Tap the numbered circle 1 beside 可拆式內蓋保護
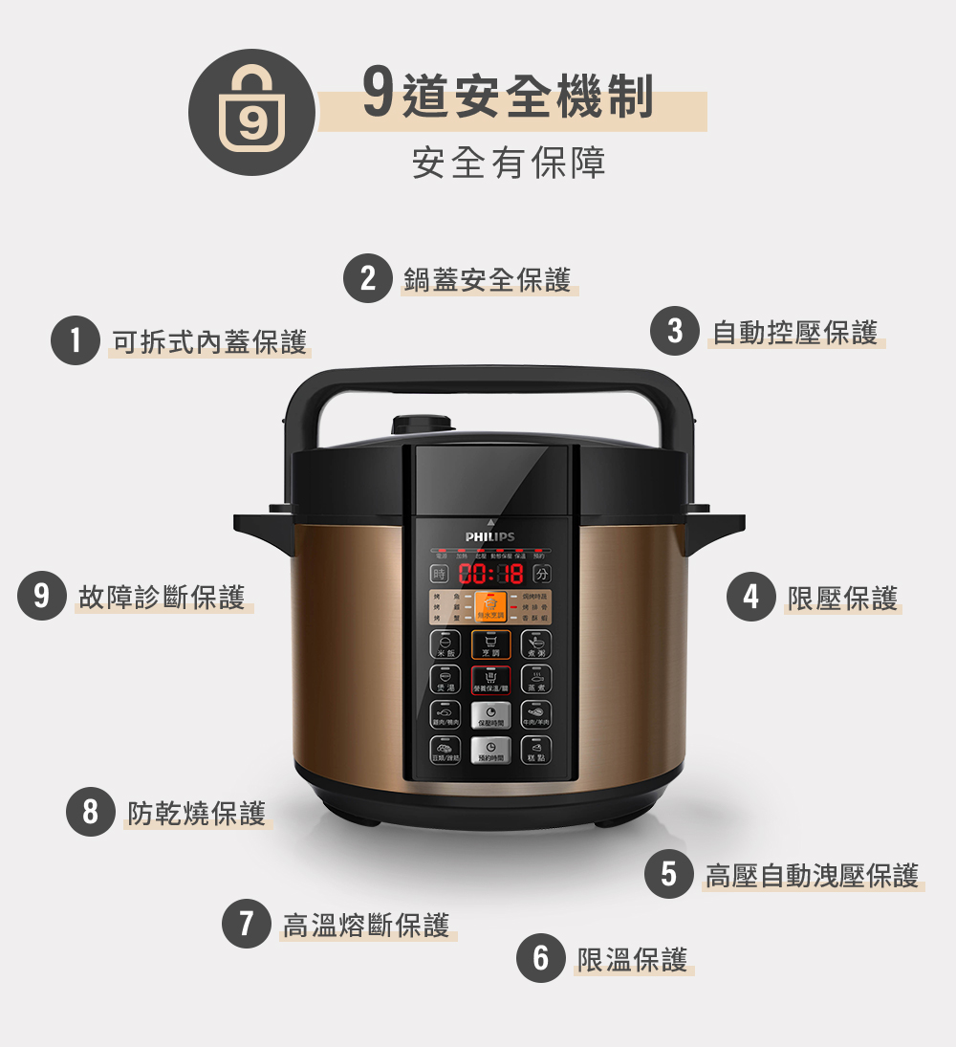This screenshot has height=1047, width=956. (x=76, y=340)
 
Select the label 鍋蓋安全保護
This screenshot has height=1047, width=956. (x=488, y=279)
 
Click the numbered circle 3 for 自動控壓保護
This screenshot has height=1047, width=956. (x=675, y=331)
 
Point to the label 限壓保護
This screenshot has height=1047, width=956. (x=842, y=598)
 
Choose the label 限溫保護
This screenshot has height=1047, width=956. (x=633, y=959)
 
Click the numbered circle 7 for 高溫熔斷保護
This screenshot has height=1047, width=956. (x=247, y=924)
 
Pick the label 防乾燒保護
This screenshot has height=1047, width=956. (x=197, y=813)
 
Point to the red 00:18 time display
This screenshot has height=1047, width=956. (x=490, y=575)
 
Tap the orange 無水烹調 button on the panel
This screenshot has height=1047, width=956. (x=490, y=606)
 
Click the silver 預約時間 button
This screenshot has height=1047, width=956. (x=489, y=751)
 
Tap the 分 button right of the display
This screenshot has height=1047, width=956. (x=543, y=575)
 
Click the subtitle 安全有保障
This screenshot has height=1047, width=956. (x=509, y=164)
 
